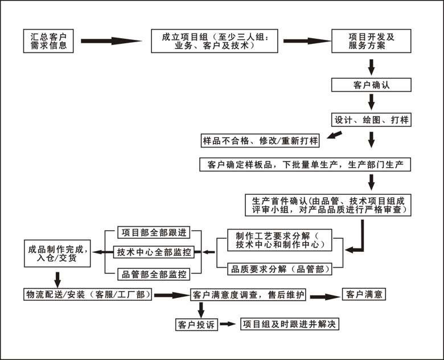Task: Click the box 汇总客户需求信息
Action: (49, 40)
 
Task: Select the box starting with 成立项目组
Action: (215, 40)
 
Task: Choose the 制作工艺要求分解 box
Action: (279, 240)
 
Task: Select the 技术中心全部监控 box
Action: (154, 252)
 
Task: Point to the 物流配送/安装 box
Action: (88, 294)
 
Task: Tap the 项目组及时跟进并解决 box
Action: (290, 324)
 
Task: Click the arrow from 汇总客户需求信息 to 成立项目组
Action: (111, 41)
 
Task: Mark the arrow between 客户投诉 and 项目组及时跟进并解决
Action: (228, 324)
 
